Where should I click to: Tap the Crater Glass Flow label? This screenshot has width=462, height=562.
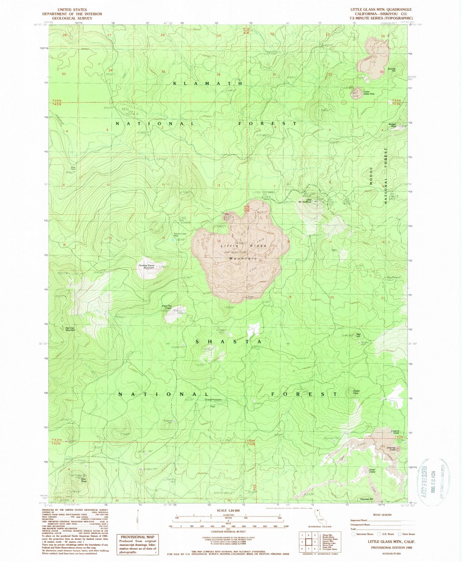pyautogui.click(x=368, y=93)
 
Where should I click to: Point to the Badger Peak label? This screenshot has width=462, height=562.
pyautogui.click(x=393, y=125)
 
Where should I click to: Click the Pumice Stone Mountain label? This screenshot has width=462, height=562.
pyautogui.click(x=146, y=266)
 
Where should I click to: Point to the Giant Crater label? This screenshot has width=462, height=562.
pyautogui.click(x=372, y=471)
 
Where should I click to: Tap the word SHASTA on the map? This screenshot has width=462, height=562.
pyautogui.click(x=228, y=342)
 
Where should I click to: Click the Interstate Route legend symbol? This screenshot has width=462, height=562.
pyautogui.click(x=353, y=534)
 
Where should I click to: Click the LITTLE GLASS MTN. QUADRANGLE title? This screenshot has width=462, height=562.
pyautogui.click(x=381, y=10)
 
